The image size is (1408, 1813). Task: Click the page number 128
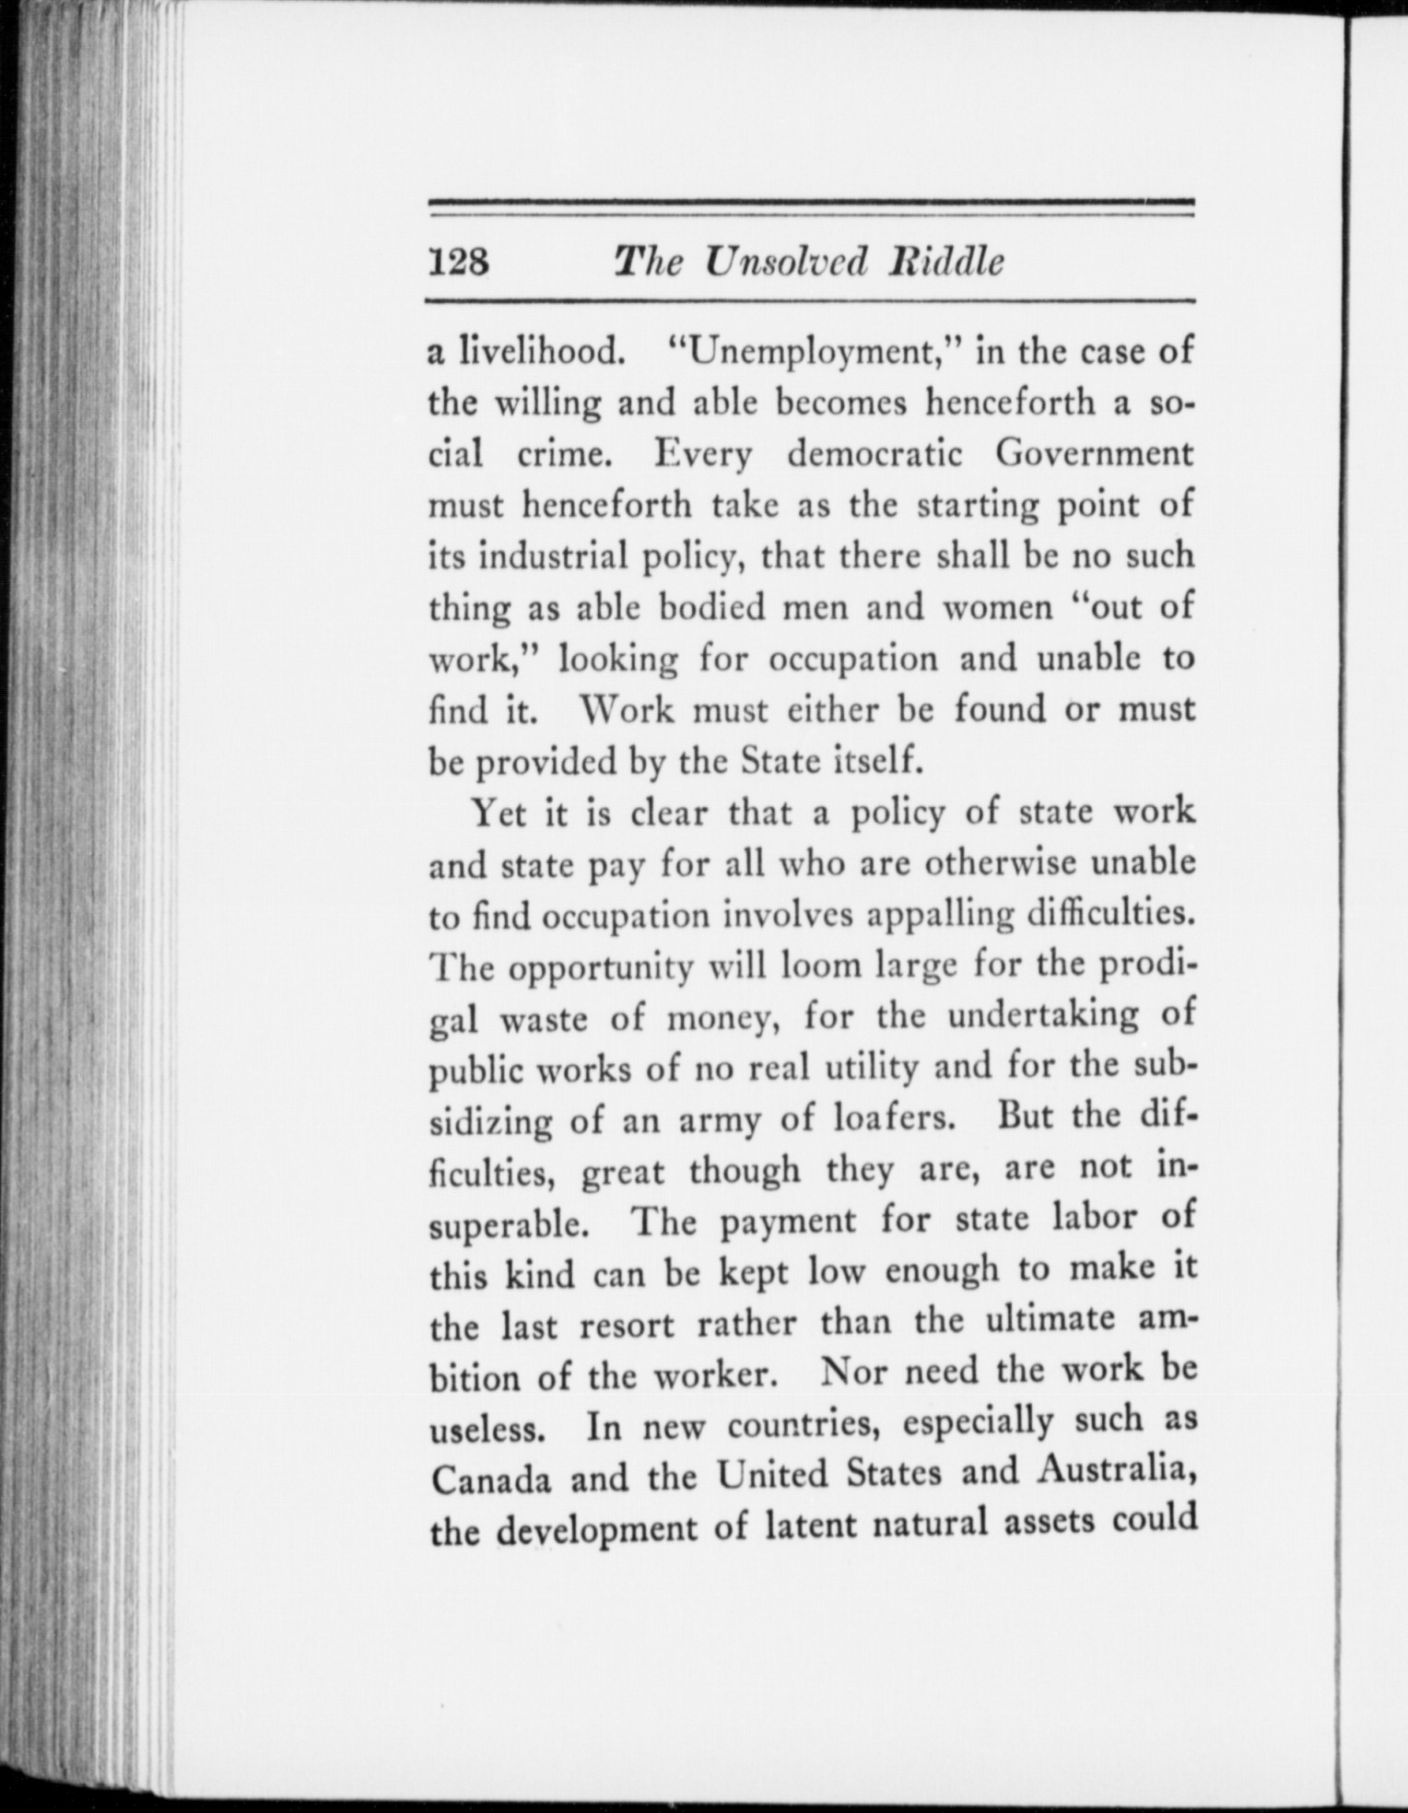pos(458,262)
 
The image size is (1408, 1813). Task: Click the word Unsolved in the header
pos(786,262)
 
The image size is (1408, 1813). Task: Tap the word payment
pos(788,1222)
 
